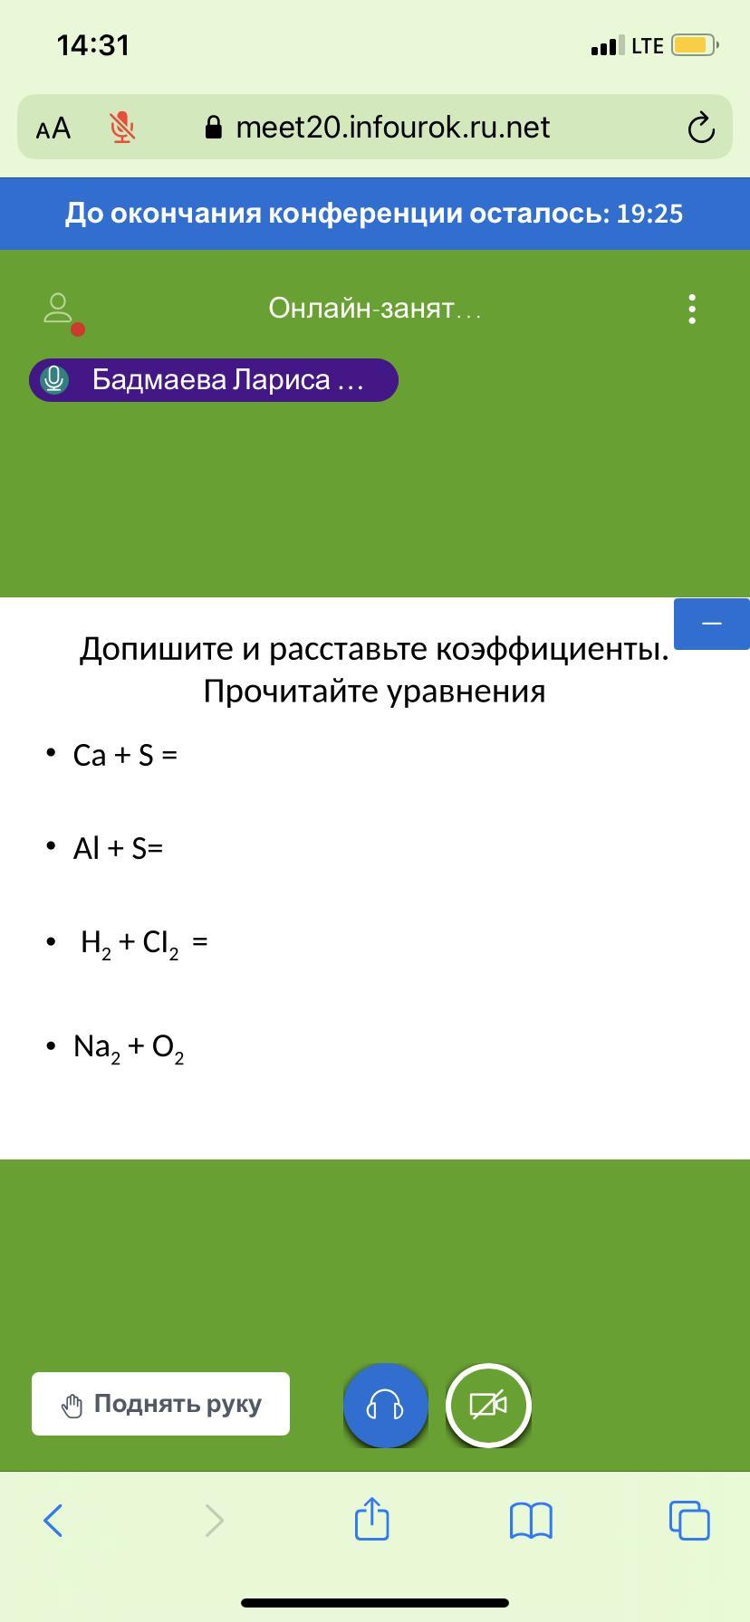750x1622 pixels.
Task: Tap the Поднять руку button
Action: tap(160, 1404)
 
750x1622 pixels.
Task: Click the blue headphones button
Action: tap(385, 1406)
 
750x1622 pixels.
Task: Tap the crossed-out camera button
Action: tap(488, 1406)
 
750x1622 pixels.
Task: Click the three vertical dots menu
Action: tap(692, 309)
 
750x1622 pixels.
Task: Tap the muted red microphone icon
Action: tap(122, 128)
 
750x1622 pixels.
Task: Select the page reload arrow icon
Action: tap(701, 128)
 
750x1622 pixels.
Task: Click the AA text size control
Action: tap(53, 129)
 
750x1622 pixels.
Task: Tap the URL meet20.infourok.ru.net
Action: tap(392, 128)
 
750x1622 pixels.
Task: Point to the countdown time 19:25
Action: tap(649, 214)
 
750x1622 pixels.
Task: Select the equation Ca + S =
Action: tap(125, 755)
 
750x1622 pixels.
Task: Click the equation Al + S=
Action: tap(118, 848)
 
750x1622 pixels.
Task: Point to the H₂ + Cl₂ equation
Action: tap(144, 944)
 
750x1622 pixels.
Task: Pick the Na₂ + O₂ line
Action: tap(129, 1048)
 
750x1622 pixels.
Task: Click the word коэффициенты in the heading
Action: tap(553, 649)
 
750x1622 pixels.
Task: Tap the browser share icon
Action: tap(372, 1518)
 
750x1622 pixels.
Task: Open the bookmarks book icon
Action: tap(531, 1521)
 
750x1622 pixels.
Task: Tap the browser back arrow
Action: tap(53, 1521)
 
